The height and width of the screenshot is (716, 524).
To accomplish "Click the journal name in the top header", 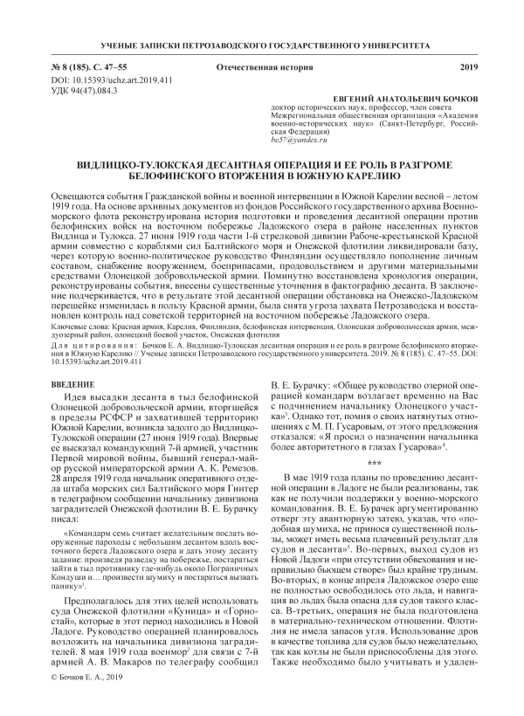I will [261, 44].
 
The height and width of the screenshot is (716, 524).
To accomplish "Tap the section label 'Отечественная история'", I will [252, 68].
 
